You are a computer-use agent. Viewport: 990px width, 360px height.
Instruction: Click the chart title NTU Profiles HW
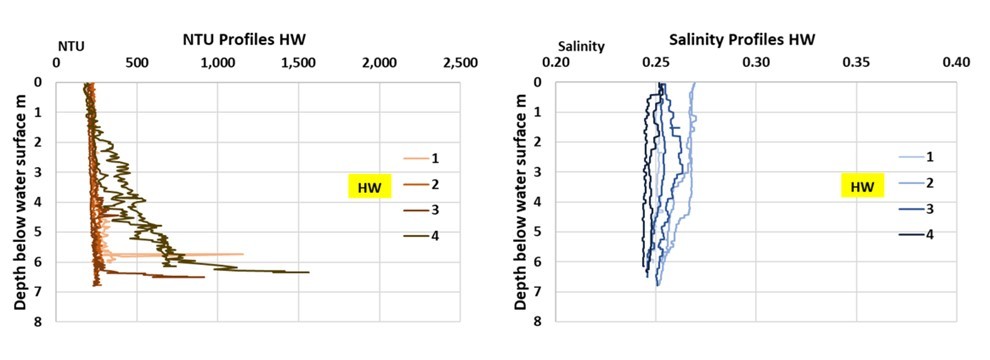[x=243, y=40]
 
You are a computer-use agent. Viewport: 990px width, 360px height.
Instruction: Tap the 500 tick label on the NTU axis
[x=137, y=63]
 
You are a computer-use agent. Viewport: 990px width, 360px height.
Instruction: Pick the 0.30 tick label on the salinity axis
[x=757, y=63]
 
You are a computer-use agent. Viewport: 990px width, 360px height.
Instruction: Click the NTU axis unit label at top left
[x=70, y=46]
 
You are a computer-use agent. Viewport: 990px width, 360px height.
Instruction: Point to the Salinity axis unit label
[x=577, y=46]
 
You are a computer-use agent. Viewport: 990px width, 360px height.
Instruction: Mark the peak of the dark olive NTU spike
[x=309, y=272]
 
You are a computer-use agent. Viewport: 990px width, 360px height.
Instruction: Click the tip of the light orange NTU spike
[x=243, y=254]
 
